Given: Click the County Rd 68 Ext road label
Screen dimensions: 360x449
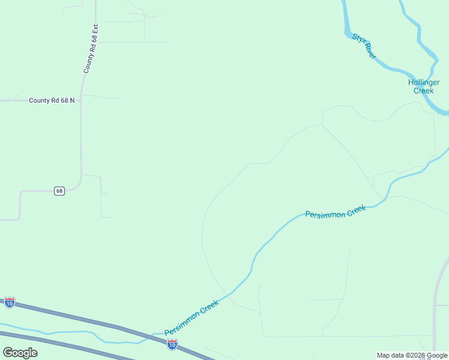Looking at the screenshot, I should point(91,49).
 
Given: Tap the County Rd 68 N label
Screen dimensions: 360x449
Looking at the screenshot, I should point(52,100).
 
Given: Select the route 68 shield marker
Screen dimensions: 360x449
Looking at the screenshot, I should point(59,191).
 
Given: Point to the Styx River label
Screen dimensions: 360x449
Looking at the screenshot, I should point(364,46).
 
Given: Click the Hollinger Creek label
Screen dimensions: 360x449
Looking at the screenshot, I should point(424,86).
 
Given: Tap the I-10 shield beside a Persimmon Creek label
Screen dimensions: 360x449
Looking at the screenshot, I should point(172,344).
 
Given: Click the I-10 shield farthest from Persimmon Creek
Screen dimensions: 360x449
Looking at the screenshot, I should point(10,302).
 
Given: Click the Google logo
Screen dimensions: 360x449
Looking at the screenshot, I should point(20,353).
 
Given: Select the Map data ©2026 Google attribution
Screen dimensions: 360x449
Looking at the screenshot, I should point(412,355).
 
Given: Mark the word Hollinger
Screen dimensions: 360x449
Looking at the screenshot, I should point(424,82).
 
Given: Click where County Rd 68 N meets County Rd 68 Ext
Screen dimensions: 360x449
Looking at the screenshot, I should point(80,100).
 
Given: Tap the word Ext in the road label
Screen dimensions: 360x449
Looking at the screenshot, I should point(94,29).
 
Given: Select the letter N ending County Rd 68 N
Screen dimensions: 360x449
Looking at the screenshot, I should point(71,100).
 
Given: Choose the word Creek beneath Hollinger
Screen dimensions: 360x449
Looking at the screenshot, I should point(424,91).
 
